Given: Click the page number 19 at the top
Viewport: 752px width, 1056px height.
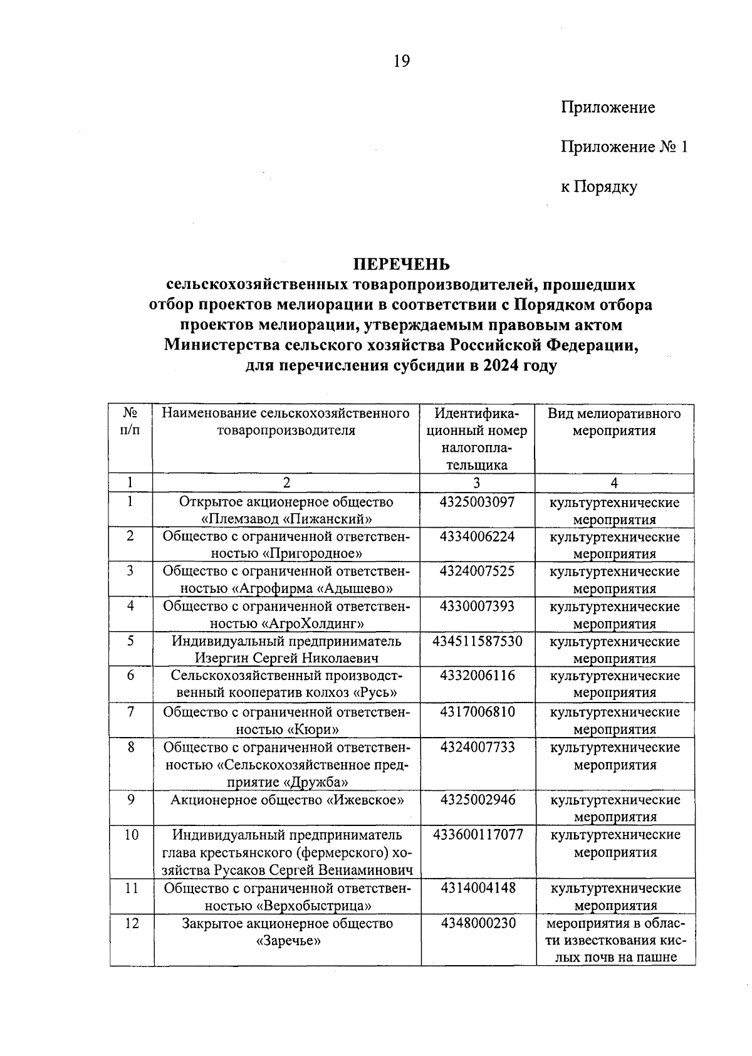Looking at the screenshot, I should click(x=401, y=61).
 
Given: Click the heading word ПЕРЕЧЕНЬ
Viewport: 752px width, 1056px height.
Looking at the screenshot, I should click(x=400, y=264).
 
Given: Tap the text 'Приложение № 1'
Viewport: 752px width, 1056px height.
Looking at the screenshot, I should click(x=624, y=147).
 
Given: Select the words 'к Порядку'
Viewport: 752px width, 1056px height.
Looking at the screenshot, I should click(x=598, y=187).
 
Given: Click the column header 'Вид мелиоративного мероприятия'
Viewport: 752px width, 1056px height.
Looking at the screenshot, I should click(x=614, y=422).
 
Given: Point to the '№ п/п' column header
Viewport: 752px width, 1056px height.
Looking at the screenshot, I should click(x=130, y=422).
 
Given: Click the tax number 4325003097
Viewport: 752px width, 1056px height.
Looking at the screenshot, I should click(x=477, y=502).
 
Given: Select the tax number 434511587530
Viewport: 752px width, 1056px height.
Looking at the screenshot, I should click(x=477, y=641).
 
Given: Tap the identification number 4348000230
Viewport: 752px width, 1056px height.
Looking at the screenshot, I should click(x=478, y=923).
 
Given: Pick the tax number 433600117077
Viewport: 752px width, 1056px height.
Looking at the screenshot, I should click(x=478, y=835).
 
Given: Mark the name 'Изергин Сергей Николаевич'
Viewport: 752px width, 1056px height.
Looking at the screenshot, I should click(x=286, y=658).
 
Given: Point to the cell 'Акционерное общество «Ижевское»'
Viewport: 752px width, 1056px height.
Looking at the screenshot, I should click(x=286, y=800).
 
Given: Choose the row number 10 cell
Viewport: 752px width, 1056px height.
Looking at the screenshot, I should click(x=131, y=835).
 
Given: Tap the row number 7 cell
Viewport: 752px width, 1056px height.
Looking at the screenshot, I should click(x=130, y=711).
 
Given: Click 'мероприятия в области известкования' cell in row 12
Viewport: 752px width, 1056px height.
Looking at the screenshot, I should click(x=615, y=940).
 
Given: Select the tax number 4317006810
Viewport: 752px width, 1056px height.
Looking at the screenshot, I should click(x=477, y=711).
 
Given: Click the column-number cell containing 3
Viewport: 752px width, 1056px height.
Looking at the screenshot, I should click(x=477, y=483).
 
